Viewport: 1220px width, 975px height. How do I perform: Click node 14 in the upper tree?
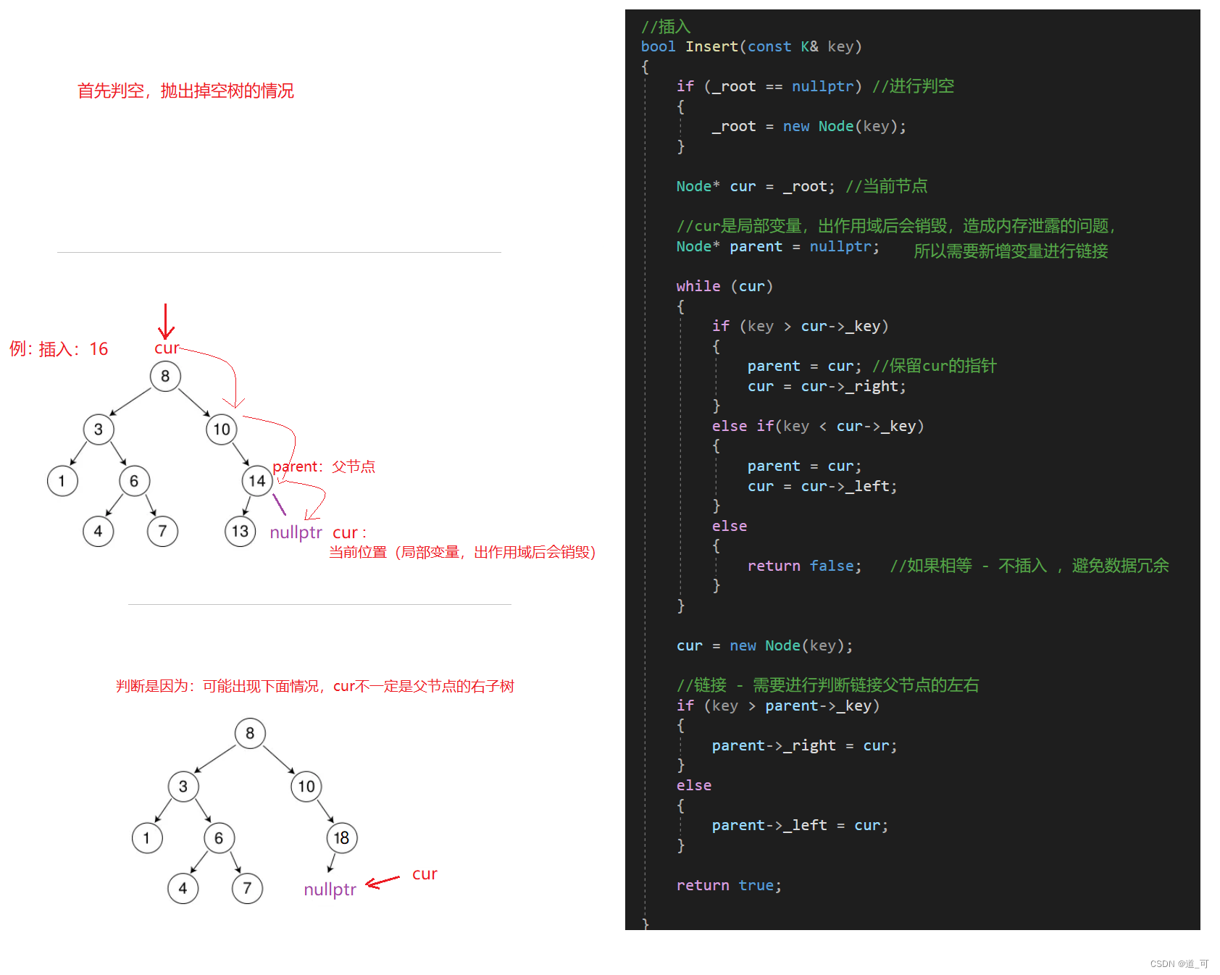(257, 481)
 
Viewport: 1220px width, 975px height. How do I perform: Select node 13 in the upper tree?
(240, 532)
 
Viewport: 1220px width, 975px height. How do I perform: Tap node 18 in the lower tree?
(341, 838)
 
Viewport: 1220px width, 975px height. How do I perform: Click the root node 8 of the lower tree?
(250, 733)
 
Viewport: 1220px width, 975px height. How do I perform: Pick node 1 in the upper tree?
(62, 481)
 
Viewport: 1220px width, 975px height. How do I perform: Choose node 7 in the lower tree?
(247, 888)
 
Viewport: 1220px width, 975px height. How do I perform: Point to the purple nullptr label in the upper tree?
(296, 532)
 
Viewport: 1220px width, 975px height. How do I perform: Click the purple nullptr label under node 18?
(330, 890)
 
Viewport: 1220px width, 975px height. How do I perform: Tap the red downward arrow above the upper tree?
(166, 322)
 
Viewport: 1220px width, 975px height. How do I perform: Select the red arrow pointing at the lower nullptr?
(383, 882)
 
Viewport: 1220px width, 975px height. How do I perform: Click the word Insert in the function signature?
(711, 47)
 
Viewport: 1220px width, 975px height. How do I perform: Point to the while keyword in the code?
(698, 286)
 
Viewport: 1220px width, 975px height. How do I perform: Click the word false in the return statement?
(835, 566)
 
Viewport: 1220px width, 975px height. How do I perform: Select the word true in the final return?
(756, 885)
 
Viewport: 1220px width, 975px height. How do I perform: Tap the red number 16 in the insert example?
(99, 349)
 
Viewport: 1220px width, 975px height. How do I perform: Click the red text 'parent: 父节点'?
(324, 466)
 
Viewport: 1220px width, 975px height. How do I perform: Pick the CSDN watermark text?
(1179, 963)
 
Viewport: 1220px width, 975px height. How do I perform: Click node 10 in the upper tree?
(222, 430)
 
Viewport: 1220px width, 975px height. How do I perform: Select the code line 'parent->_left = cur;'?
(800, 825)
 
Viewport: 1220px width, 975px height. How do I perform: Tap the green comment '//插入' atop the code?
(666, 27)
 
